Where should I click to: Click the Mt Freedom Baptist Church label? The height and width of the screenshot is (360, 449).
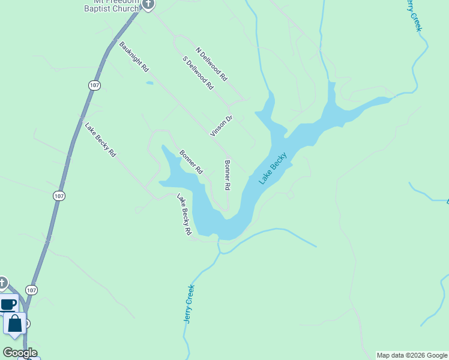pos(112,5)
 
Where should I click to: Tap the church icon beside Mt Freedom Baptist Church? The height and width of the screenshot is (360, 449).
pos(148,5)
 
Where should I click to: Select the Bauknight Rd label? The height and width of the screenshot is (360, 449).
pos(134,57)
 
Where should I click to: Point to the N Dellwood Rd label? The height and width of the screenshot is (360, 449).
pos(212,64)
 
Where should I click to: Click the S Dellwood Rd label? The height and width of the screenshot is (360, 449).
pos(198,73)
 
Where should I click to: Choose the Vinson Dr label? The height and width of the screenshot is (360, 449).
pos(221,126)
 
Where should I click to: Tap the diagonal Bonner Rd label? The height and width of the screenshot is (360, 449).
pos(191,162)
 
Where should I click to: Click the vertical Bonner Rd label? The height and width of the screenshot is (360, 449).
pos(228,175)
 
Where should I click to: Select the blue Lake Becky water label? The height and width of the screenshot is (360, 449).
pos(273,169)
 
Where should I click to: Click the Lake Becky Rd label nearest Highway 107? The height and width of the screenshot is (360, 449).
pos(100,140)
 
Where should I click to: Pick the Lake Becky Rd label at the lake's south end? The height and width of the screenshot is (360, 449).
pos(184,214)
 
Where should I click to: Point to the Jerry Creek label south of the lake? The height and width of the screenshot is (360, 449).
pos(190,304)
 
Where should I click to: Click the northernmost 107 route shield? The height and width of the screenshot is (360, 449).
pos(94,86)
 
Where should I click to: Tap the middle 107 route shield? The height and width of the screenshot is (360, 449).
pos(58,196)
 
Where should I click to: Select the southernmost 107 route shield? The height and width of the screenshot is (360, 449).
pos(32,290)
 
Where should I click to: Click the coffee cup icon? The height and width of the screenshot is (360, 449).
pos(8,304)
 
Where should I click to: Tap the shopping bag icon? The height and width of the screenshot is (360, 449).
pos(15,324)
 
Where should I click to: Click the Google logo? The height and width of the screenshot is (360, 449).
pos(20,353)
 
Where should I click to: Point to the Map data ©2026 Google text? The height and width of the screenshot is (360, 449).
pos(412,355)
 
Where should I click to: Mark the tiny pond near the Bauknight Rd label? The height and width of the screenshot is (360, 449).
pos(149,83)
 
